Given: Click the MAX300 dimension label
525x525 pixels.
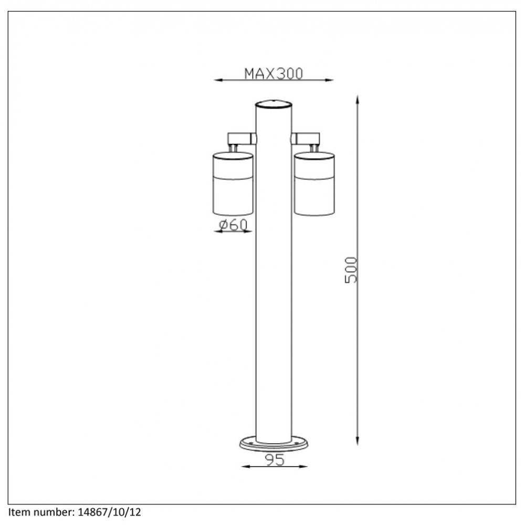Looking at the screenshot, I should (274, 73).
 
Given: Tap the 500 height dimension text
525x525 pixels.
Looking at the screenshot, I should (351, 270).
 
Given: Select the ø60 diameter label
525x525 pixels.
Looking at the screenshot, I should (233, 225).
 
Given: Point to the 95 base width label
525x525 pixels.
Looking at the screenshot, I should (274, 460).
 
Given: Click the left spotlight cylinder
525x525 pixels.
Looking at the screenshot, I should (233, 183).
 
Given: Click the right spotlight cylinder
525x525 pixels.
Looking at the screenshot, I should (314, 183).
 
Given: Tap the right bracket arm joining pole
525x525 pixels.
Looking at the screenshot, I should (306, 139).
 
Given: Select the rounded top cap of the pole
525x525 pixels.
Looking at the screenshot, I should (274, 103).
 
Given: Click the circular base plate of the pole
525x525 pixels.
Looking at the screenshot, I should (274, 445).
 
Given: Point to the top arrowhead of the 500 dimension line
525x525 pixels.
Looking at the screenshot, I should (358, 99).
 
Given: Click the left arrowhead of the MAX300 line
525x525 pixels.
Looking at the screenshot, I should (217, 80).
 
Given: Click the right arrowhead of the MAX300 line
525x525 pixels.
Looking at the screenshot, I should (330, 80).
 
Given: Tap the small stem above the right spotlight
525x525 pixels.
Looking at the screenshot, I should (314, 149).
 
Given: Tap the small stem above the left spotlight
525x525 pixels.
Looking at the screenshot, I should (233, 149).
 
